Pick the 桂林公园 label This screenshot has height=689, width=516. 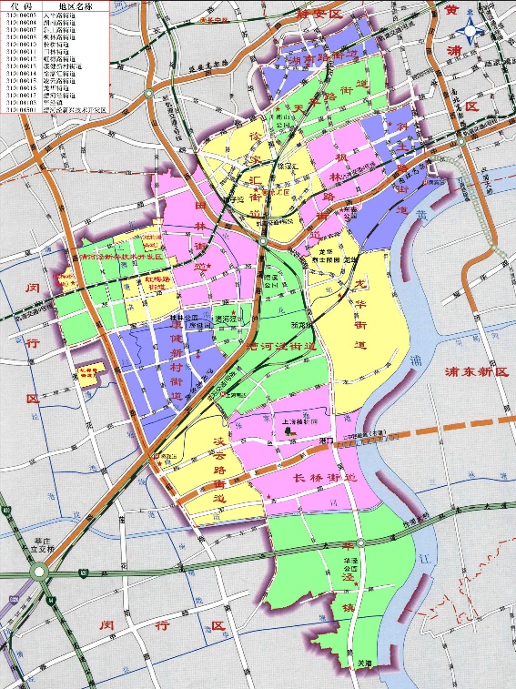click(x=186, y=318)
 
